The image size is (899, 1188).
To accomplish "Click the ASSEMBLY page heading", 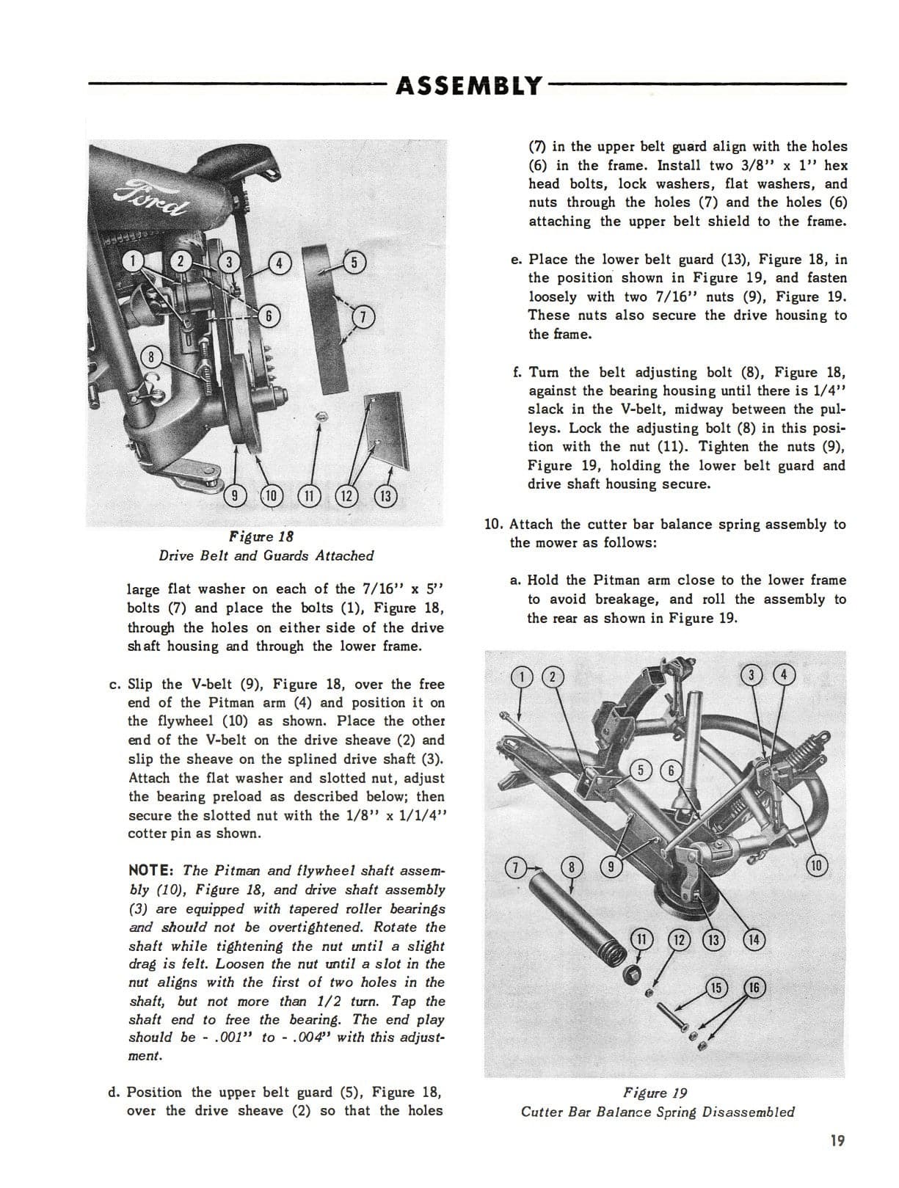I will pyautogui.click(x=468, y=86).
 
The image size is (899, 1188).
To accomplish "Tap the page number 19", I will pyautogui.click(x=837, y=1140).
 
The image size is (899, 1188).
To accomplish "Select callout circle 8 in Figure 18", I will pyautogui.click(x=151, y=358).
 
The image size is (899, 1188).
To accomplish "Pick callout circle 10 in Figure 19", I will pyautogui.click(x=818, y=865).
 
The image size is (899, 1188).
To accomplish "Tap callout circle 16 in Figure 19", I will pyautogui.click(x=755, y=988).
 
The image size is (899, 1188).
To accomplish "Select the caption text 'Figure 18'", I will pyautogui.click(x=261, y=536).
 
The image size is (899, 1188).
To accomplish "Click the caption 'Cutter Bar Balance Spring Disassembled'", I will pyautogui.click(x=658, y=1112).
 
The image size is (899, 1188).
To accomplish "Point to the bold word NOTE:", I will pyautogui.click(x=151, y=870).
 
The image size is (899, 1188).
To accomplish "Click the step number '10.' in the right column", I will pyautogui.click(x=493, y=525).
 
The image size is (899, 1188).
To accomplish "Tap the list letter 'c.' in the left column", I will pyautogui.click(x=115, y=685).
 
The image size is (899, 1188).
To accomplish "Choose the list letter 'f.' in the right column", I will pyautogui.click(x=518, y=372).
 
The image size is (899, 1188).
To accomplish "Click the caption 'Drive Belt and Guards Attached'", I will pyautogui.click(x=266, y=555).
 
